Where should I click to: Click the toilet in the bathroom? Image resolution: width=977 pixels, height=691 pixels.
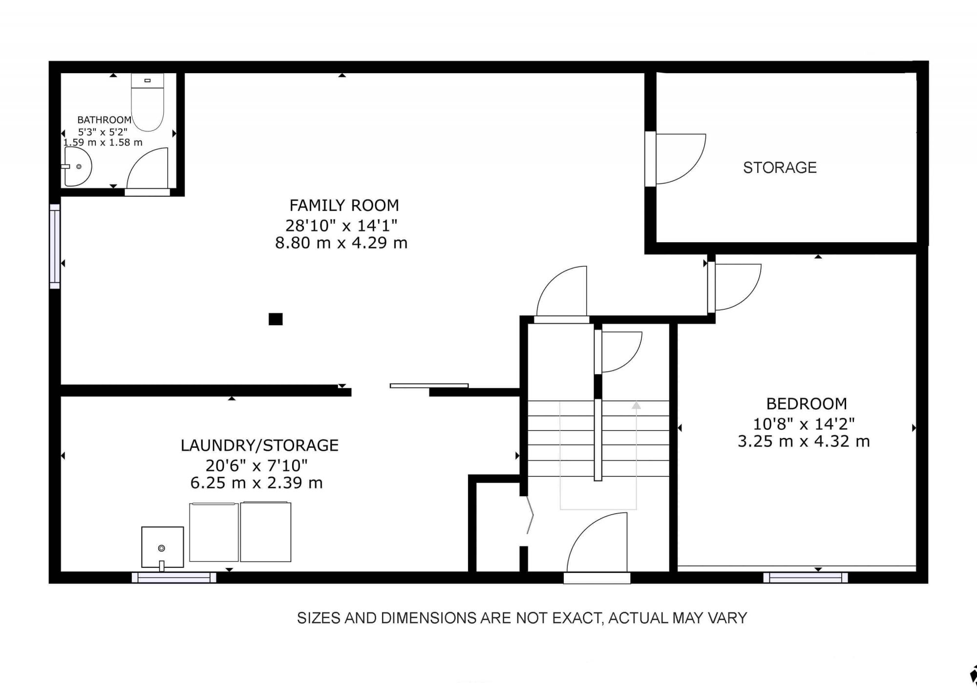click(x=147, y=102)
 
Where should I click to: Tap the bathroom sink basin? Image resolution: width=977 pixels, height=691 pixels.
click(x=77, y=167)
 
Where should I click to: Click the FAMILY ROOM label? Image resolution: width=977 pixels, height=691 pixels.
click(x=344, y=205)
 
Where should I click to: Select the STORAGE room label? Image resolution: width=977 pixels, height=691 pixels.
click(x=780, y=168)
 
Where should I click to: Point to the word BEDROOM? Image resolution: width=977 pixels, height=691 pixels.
click(x=807, y=404)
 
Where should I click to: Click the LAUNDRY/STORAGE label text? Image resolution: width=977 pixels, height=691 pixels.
click(x=259, y=445)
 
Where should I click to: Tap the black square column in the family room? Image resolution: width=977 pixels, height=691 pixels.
click(x=276, y=319)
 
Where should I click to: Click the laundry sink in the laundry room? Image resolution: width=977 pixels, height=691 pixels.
click(x=163, y=547)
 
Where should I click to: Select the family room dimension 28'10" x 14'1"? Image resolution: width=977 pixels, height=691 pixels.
click(x=341, y=225)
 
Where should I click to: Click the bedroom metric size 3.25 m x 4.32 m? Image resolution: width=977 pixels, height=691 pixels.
click(x=804, y=441)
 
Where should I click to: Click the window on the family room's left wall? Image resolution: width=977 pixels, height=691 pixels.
click(x=55, y=247)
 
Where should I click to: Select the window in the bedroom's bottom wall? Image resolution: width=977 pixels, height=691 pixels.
click(x=806, y=578)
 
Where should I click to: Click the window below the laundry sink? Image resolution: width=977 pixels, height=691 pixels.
click(x=174, y=578)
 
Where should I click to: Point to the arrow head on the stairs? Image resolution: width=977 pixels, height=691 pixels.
click(x=636, y=405)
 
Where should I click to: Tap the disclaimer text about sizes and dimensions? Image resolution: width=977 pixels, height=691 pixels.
click(x=522, y=618)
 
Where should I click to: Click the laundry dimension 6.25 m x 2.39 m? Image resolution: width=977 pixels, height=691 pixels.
click(x=256, y=483)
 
